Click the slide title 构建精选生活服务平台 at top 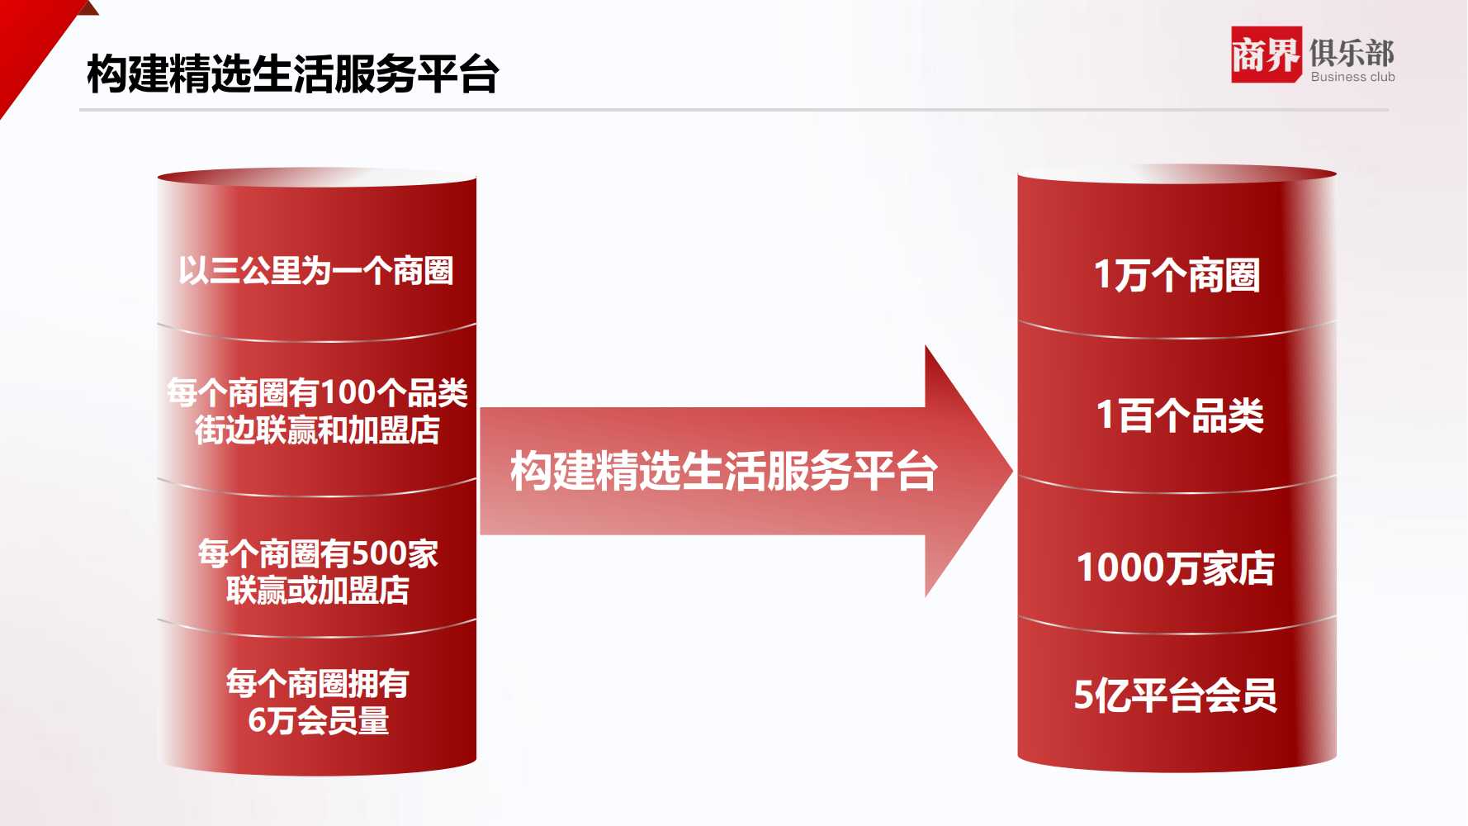click(292, 74)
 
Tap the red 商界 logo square click(1266, 55)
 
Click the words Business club click(1352, 77)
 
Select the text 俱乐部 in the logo click(1352, 52)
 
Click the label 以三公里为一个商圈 click(316, 270)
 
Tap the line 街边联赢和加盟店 click(317, 430)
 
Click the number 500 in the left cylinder click(378, 553)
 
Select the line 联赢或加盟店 click(318, 590)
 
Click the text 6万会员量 click(319, 720)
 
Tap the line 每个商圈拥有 click(318, 683)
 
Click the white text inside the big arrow click(724, 471)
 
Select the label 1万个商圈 click(1177, 274)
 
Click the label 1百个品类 click(1180, 415)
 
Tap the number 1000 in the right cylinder click(1120, 567)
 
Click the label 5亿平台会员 click(1176, 695)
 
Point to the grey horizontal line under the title click(734, 110)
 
